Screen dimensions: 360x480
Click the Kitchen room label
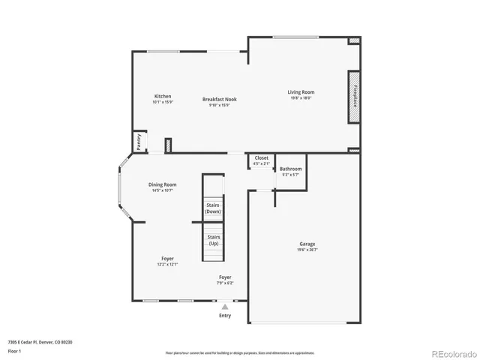163,96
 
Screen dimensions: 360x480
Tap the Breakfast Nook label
218,100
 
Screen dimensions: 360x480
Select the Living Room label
301,92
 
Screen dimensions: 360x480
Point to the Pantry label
139,141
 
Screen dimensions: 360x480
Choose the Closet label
261,158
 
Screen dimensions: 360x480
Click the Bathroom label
290,169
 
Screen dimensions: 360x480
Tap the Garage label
307,244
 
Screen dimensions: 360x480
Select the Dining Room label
162,184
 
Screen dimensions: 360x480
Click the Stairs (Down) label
212,208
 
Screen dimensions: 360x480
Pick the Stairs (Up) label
214,240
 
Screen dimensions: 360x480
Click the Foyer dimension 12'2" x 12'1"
167,265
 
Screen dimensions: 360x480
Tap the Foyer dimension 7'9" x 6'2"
225,283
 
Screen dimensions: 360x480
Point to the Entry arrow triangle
224,306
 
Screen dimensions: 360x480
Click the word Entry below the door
225,316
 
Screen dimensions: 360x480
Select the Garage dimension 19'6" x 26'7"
307,250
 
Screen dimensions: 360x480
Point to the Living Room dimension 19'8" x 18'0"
301,98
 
